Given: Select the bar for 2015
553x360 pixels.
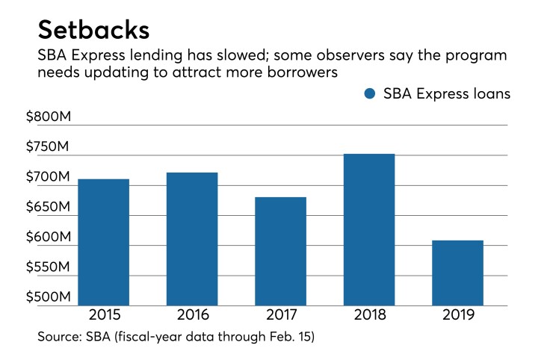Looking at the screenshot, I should point(103,242).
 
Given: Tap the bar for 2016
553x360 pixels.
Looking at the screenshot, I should point(192,239).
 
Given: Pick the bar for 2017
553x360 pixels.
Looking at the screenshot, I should point(280,251).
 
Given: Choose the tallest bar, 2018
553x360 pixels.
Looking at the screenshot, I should point(368,229).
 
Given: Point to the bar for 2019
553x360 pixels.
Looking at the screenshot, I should point(457,273).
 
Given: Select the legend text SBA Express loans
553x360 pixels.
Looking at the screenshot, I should point(447,94).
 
